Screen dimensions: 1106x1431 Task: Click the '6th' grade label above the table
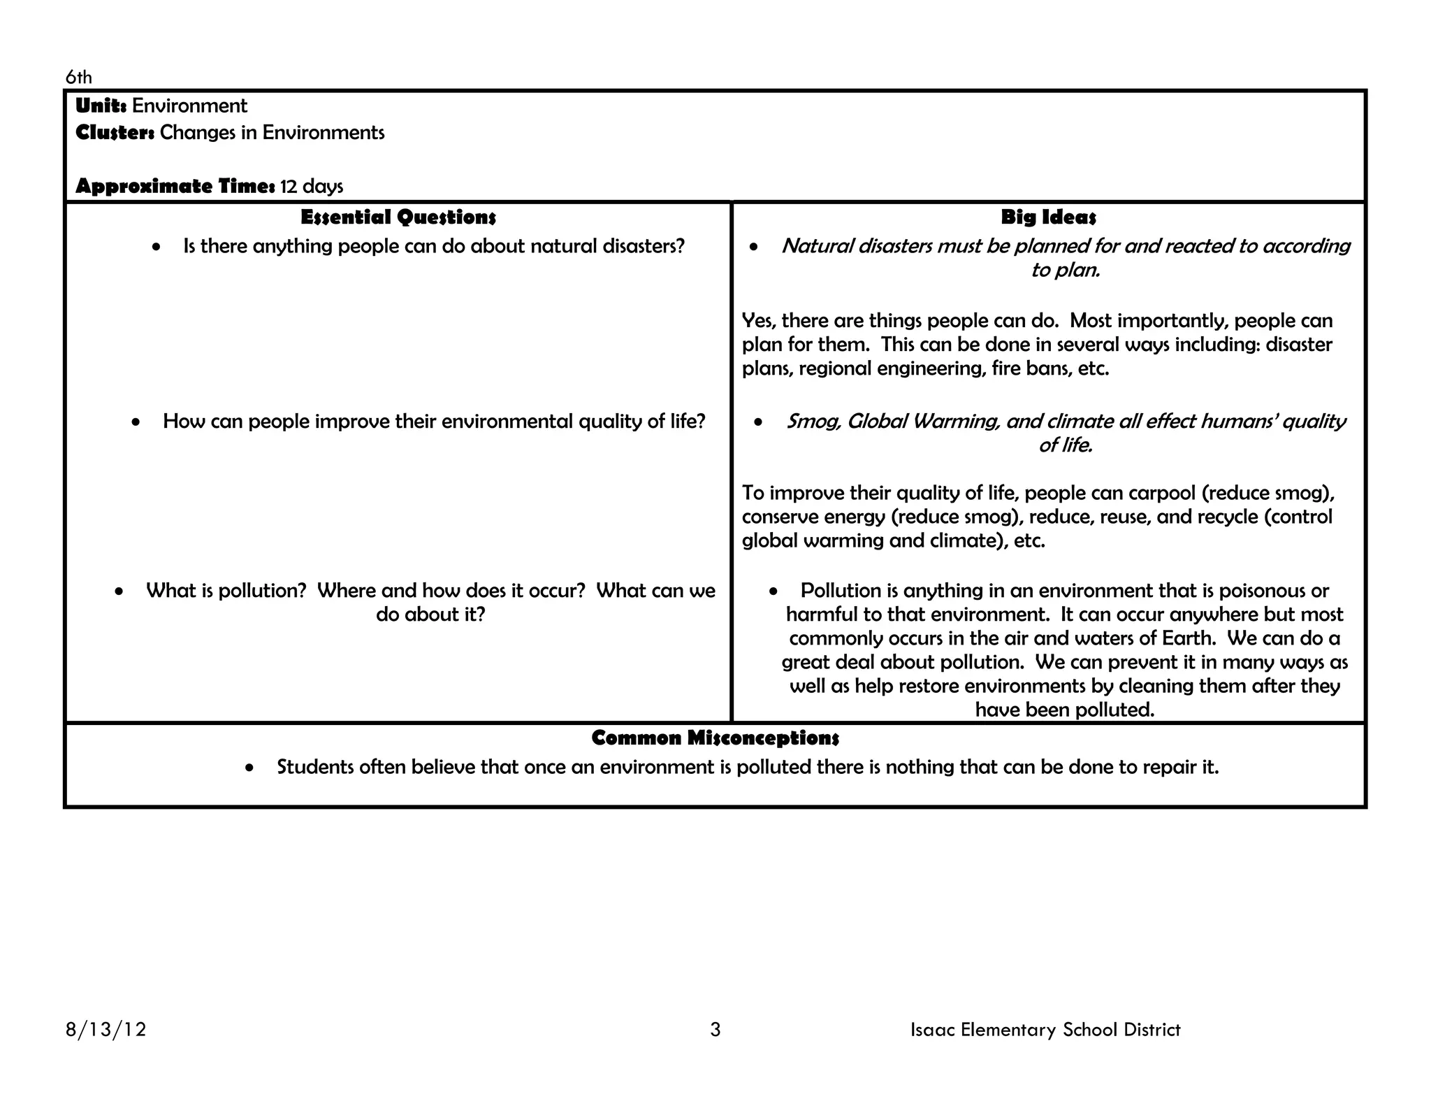point(78,77)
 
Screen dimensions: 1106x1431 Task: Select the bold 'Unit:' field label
point(101,106)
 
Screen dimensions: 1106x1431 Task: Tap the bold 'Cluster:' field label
point(115,132)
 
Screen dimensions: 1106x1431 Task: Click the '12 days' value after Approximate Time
point(312,186)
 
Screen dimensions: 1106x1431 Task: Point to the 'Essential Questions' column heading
point(398,217)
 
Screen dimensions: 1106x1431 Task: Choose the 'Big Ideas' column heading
point(1048,217)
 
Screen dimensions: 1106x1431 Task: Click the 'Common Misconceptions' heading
point(715,738)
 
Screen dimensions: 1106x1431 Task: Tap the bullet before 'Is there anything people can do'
point(157,247)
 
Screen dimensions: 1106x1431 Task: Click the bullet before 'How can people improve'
point(136,422)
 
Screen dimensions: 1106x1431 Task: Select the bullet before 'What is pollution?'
point(119,591)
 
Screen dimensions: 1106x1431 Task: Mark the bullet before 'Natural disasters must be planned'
point(753,247)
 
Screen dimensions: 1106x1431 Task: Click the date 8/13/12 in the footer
point(106,1029)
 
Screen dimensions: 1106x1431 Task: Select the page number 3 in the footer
point(715,1029)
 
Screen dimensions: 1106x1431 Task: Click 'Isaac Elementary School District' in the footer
point(1045,1029)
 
